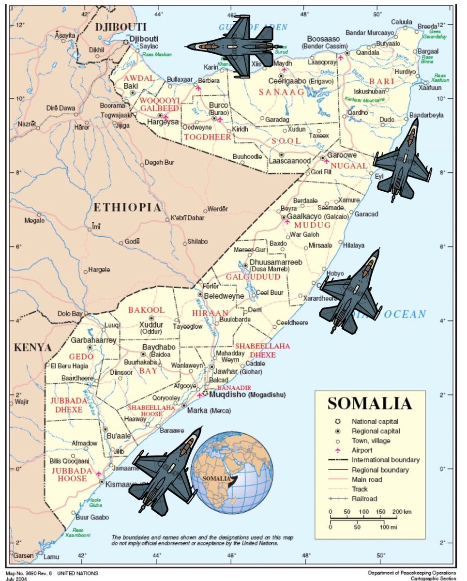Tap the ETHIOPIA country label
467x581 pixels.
click(127, 208)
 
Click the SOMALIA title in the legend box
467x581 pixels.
click(370, 403)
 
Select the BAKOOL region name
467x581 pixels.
click(146, 310)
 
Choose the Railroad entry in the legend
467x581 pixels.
click(364, 499)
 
